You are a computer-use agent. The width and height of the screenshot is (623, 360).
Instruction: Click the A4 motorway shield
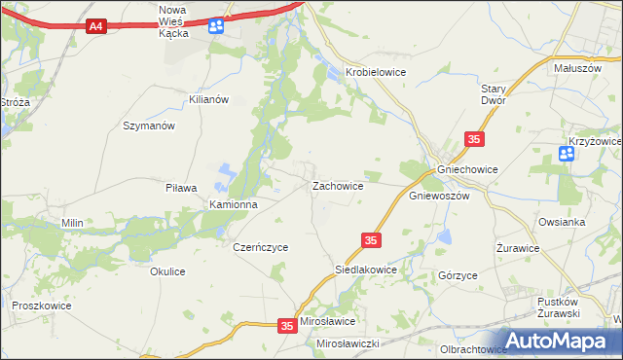(x=95, y=26)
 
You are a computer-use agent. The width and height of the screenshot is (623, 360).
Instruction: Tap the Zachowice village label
(x=338, y=185)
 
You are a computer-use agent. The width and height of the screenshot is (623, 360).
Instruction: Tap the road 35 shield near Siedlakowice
(x=370, y=239)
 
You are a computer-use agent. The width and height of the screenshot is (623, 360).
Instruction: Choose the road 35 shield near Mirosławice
(x=286, y=327)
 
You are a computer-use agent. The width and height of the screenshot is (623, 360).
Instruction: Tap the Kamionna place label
(x=234, y=205)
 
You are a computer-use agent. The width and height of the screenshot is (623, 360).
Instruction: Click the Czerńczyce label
(x=261, y=247)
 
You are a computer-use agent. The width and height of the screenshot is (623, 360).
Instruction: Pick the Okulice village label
(x=167, y=271)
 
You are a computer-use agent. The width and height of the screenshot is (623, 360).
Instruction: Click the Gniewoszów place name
(x=440, y=196)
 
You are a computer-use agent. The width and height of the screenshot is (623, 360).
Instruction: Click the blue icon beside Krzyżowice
(x=568, y=153)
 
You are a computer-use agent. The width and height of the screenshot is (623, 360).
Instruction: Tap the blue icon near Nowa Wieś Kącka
(x=217, y=26)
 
